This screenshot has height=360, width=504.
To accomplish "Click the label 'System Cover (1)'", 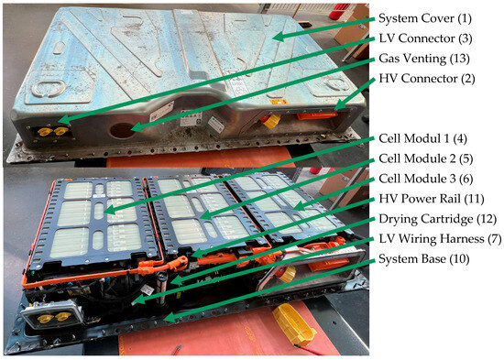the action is tap(425, 18).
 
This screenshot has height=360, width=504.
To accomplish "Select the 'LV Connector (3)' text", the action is tap(425, 38).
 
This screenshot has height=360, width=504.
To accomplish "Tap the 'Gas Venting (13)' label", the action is tap(424, 59).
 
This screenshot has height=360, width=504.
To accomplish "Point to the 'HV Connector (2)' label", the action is tap(427, 79).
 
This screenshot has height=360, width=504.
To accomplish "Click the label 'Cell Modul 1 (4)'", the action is tap(423, 138).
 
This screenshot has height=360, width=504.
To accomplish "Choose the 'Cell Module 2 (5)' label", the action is tap(426, 158).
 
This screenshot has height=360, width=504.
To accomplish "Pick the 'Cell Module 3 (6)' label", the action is tap(426, 179).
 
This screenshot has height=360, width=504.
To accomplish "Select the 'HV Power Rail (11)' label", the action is tap(432, 199).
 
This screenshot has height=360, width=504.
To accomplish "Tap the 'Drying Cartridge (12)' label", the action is tap(438, 219).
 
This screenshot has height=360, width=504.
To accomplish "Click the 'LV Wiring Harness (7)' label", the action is tap(440, 239).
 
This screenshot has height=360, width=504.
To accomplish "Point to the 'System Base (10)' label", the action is tap(424, 258).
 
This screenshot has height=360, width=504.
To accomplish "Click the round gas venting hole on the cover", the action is tap(122, 130).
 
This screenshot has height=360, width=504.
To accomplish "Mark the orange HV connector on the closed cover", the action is tap(317, 115).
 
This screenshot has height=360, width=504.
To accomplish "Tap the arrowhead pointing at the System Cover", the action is tap(279, 37).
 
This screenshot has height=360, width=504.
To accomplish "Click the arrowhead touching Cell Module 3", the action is tap(299, 206).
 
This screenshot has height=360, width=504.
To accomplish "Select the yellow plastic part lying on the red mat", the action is tap(294, 324).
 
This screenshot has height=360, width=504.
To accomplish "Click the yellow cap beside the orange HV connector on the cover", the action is tap(271, 121).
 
